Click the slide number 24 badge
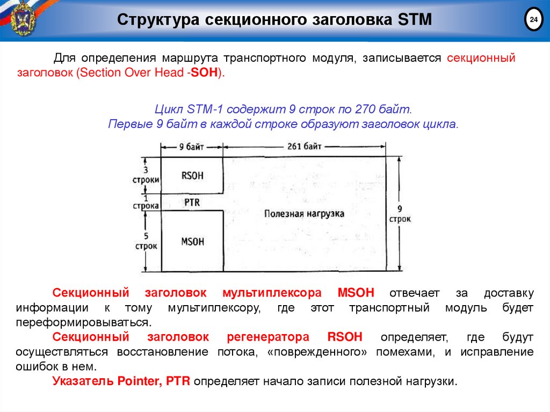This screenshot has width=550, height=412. click(533, 20)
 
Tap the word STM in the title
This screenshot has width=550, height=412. click(414, 20)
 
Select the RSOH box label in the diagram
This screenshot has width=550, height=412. click(193, 175)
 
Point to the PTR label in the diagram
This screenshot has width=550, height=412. click(192, 203)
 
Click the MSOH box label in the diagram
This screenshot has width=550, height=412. click(193, 241)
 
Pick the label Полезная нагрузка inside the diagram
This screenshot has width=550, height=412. click(304, 213)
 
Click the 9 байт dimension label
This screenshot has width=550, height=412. click(192, 146)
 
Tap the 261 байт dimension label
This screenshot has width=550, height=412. click(305, 146)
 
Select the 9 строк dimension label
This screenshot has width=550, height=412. click(400, 214)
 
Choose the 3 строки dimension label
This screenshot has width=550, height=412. click(145, 176)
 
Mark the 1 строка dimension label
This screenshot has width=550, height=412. click(146, 202)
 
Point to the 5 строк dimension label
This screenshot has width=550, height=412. click(146, 241)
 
